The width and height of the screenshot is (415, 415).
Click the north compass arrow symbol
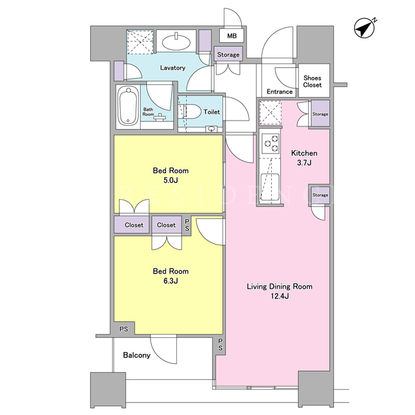click(364, 28)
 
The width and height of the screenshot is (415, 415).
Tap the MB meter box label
click(232, 36)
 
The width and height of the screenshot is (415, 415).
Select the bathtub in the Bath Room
click(128, 106)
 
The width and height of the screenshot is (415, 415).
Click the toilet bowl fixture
click(192, 112)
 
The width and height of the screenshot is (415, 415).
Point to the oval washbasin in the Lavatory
click(176, 41)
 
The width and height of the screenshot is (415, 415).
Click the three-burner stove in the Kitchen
click(271, 144)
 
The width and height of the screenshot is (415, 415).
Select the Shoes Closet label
click(313, 81)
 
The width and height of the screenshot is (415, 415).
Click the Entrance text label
click(279, 91)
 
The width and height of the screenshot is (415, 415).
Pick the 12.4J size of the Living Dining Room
click(279, 296)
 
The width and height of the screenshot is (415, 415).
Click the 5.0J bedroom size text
click(171, 180)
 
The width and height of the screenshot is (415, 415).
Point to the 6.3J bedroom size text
click(171, 281)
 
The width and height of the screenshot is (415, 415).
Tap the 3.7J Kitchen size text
click(304, 163)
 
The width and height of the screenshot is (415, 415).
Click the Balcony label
click(137, 355)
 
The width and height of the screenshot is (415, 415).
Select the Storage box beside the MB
click(228, 54)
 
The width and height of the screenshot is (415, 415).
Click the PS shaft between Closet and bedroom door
click(187, 225)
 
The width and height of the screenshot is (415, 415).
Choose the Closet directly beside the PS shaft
click(166, 225)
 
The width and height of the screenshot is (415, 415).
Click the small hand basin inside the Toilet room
click(211, 129)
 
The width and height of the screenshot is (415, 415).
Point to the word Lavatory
click(172, 68)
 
